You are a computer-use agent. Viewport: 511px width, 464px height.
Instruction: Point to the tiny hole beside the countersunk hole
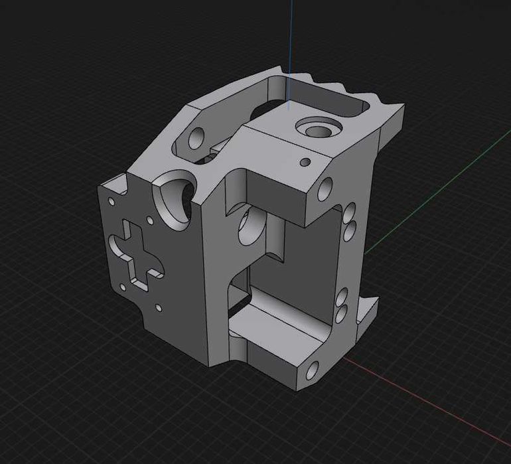(305, 161)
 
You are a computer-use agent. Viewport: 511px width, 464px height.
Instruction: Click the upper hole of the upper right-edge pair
(349, 214)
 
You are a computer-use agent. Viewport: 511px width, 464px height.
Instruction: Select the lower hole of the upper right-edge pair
(349, 230)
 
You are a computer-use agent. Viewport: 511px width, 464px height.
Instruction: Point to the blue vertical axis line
(291, 40)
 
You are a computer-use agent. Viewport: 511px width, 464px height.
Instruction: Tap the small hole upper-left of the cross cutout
(111, 200)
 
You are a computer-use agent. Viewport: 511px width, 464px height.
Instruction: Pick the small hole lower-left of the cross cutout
(122, 287)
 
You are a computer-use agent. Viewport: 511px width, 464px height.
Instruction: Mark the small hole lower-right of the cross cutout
(159, 307)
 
